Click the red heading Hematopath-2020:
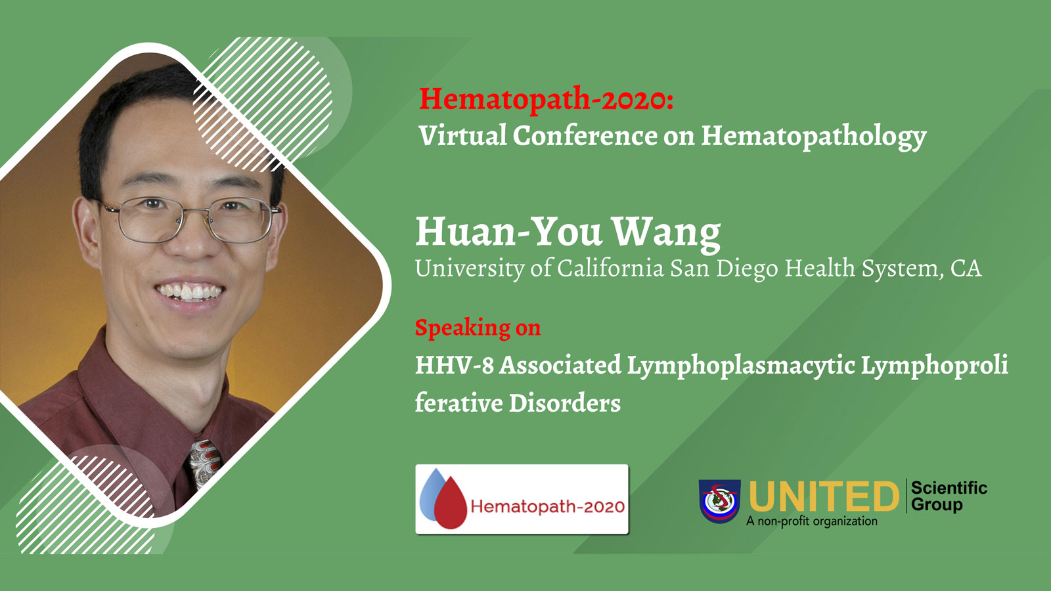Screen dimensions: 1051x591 pos(546,99)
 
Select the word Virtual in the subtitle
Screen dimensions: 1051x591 pos(462,135)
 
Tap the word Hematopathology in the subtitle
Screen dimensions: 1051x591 pos(814,137)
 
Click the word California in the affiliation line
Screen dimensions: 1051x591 pos(610,268)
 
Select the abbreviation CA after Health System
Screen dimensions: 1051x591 pos(966,269)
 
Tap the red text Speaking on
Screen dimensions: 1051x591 pos(478,328)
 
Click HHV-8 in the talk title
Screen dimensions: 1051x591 pos(454,365)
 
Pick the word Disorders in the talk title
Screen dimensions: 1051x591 pos(565,403)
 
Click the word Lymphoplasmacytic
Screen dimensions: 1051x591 pos(740,366)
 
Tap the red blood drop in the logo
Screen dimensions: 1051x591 pos(451,503)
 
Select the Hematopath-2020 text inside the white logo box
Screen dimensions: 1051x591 pos(548,506)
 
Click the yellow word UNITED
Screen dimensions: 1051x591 pos(824,496)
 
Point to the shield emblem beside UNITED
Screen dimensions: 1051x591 pos(720,500)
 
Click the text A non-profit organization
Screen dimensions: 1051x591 pos(812,521)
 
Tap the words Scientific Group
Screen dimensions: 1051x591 pos(949,496)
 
